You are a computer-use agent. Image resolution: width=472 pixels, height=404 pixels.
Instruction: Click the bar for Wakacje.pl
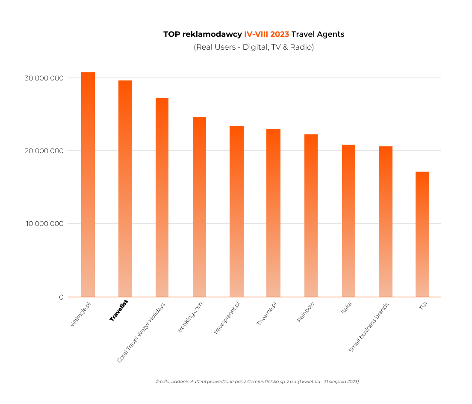click(88, 184)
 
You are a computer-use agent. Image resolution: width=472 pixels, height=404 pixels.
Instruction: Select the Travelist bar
click(125, 188)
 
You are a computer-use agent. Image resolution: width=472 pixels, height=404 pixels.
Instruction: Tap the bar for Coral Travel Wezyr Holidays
click(162, 197)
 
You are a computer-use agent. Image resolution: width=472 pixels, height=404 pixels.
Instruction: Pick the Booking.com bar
click(199, 207)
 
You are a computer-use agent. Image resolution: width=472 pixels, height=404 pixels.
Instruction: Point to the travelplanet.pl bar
click(236, 211)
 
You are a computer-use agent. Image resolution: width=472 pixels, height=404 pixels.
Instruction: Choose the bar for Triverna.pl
click(273, 213)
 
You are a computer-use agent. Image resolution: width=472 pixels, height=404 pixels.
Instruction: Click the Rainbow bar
click(311, 215)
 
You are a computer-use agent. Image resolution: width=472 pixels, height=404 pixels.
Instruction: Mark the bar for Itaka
click(348, 220)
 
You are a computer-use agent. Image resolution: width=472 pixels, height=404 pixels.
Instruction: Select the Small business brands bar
click(386, 221)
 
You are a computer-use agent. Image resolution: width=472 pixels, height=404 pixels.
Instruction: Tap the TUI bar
click(422, 234)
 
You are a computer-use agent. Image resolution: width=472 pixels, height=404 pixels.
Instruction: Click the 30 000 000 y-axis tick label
click(44, 78)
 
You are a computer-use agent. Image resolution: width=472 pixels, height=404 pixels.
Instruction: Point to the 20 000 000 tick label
click(44, 151)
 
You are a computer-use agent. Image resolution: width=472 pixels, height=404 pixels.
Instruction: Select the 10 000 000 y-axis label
click(44, 223)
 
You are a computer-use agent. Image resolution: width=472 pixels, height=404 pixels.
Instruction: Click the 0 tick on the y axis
click(61, 297)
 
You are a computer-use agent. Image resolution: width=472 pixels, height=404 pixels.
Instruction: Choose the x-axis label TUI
click(423, 306)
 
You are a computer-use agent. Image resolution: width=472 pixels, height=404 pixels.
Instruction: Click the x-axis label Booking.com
click(190, 317)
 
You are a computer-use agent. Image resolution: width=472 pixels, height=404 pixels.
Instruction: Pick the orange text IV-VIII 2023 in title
click(266, 34)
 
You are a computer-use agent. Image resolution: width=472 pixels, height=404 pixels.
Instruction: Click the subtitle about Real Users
click(254, 47)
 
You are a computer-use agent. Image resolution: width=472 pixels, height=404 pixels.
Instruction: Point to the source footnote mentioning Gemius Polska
click(257, 381)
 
